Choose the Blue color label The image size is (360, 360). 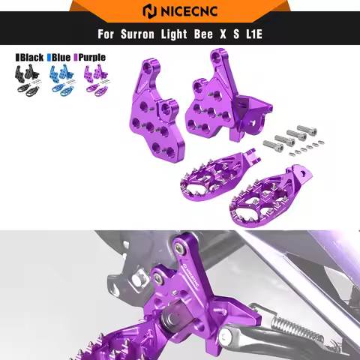coord(64,56)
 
